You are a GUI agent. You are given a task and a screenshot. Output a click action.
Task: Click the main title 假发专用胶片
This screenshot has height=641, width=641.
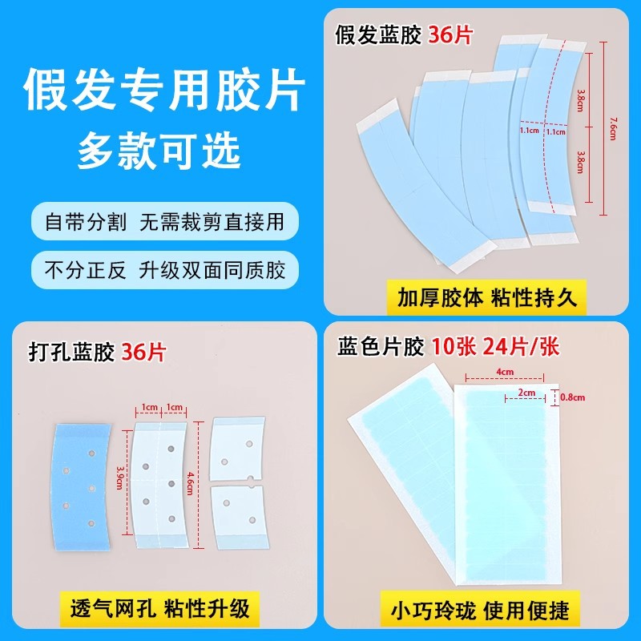(x=164, y=90)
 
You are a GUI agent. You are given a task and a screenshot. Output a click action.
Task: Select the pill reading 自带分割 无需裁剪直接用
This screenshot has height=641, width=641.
(x=165, y=222)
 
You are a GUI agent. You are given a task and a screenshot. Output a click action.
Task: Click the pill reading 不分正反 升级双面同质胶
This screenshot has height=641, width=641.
(x=165, y=270)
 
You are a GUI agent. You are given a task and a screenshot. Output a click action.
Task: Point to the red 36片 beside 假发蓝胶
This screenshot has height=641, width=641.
(x=450, y=34)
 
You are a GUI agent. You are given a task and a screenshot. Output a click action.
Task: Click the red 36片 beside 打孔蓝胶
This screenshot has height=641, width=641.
(x=143, y=352)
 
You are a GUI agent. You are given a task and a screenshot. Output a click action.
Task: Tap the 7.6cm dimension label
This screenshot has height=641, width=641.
(x=613, y=128)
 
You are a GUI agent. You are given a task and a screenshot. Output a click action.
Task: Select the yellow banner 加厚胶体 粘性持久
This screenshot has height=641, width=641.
(x=486, y=297)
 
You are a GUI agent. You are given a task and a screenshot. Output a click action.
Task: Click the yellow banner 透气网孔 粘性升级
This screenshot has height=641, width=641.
(x=159, y=609)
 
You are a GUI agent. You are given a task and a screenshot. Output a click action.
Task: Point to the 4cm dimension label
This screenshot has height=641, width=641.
(x=505, y=372)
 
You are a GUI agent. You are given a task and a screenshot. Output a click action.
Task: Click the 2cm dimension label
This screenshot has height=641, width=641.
(x=526, y=393)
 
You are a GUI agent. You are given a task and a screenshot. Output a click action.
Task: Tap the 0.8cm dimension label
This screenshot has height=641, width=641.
(x=572, y=397)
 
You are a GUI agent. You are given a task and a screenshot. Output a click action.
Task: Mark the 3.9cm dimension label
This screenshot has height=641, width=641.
(x=119, y=478)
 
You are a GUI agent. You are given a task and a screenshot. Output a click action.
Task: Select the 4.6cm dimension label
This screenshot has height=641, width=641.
(x=190, y=483)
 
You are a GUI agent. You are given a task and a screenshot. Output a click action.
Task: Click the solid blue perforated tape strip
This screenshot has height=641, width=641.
(x=81, y=486)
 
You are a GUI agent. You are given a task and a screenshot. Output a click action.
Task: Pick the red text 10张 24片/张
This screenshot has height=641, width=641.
(x=495, y=348)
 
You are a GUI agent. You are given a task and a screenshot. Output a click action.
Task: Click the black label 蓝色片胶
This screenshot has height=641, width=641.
(x=380, y=348)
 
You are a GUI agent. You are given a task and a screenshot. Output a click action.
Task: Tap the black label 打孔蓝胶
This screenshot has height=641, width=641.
(x=71, y=352)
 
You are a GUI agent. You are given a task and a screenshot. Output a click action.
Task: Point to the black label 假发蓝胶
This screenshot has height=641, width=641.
(x=378, y=34)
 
